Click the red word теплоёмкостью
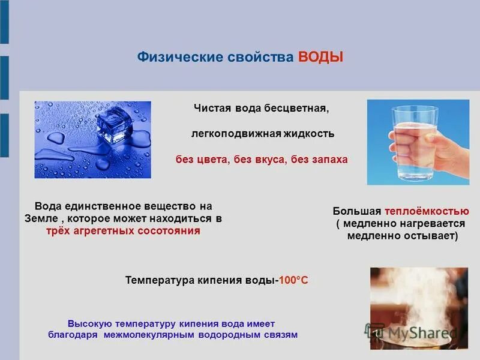(x=427, y=211)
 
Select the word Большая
(x=358, y=211)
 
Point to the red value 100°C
(x=293, y=280)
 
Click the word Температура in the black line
(x=160, y=280)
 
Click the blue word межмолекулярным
(x=156, y=335)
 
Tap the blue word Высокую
(x=89, y=323)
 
